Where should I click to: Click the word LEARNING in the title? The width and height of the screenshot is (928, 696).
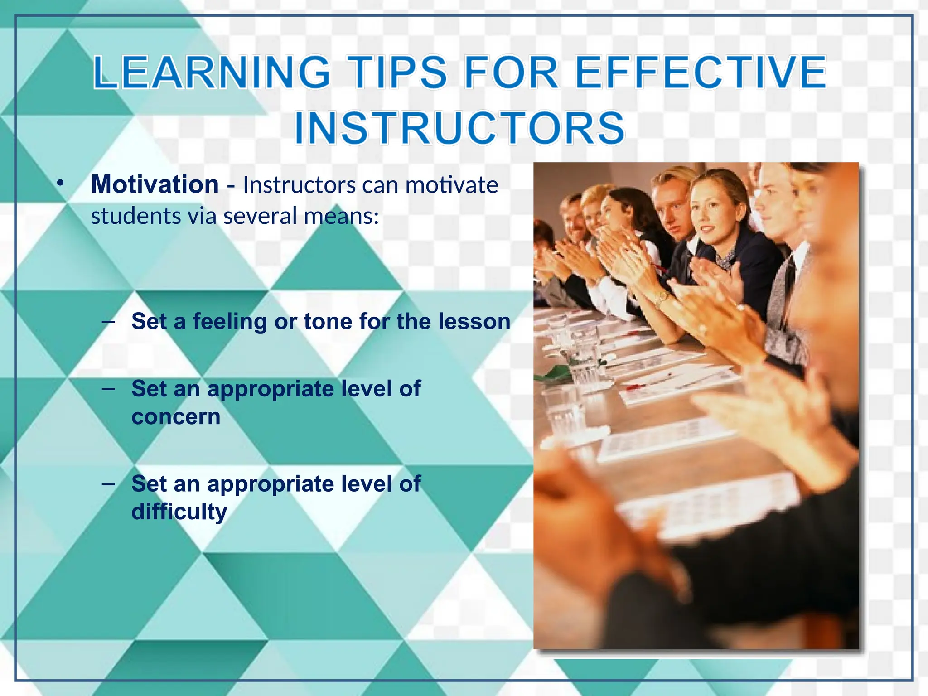click(211, 72)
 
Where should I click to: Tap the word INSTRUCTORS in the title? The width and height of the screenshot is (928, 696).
click(459, 128)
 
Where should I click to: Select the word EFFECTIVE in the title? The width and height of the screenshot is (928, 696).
click(701, 72)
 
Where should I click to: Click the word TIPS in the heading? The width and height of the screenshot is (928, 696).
click(399, 72)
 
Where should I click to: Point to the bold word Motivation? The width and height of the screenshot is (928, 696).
click(155, 184)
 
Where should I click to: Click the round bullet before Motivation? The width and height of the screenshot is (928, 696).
click(60, 184)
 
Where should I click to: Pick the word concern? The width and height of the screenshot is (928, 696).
click(176, 417)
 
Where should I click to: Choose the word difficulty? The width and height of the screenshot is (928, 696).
click(179, 512)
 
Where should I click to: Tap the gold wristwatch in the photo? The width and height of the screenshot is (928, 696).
click(663, 298)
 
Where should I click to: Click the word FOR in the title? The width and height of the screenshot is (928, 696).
click(511, 72)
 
